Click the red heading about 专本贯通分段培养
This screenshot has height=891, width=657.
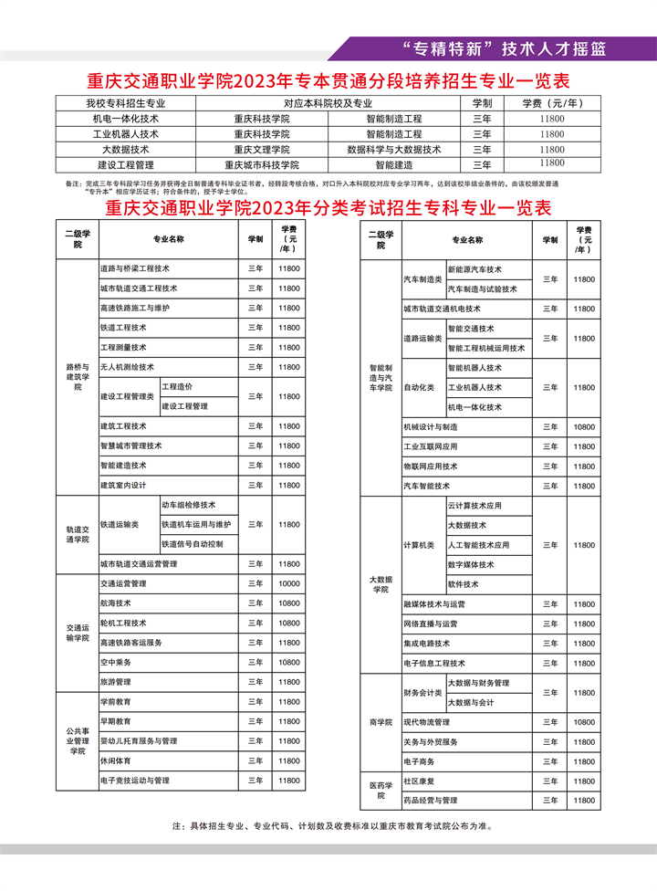point(328,80)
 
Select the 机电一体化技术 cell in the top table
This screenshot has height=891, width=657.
point(126,119)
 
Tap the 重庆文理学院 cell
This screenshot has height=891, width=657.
point(261,150)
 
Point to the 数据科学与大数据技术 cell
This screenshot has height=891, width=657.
point(394,150)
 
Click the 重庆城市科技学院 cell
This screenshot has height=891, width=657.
point(261,165)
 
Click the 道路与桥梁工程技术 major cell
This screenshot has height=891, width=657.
point(135,268)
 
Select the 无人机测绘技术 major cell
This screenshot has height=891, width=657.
point(127,367)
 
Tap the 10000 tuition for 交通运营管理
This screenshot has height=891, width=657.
point(289,583)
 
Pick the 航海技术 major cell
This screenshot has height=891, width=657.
point(116,603)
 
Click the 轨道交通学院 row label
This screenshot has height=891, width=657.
point(78,534)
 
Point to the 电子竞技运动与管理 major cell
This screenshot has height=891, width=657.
point(135,781)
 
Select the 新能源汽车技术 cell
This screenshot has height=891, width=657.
point(474,269)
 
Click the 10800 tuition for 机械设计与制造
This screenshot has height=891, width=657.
point(584,426)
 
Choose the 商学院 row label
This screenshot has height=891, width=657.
point(380,721)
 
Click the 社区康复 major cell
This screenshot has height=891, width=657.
point(418,781)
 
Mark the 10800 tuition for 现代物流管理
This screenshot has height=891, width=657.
point(584,722)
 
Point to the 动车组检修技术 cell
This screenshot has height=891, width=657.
point(188,505)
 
